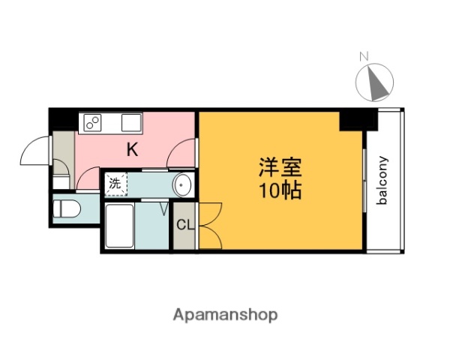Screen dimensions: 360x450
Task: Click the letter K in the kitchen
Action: (x=132, y=149)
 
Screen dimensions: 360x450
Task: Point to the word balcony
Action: (x=382, y=180)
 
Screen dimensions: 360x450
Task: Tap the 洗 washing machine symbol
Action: (x=115, y=182)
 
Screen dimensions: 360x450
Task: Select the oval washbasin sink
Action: (x=182, y=184)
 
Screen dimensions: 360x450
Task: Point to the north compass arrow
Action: (x=376, y=82)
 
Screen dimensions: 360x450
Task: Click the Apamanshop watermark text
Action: (x=226, y=315)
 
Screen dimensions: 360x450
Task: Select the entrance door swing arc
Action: (x=34, y=152)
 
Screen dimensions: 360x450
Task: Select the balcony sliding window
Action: (x=365, y=181)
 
